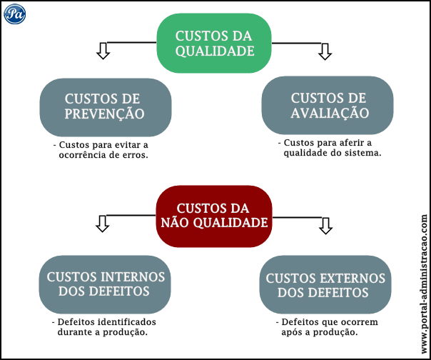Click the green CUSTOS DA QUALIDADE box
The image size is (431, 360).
coord(214,43)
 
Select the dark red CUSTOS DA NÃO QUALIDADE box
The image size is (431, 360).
coord(214,215)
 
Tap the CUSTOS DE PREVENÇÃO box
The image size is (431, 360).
coord(105,106)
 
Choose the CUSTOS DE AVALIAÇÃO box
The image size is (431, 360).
coord(328,106)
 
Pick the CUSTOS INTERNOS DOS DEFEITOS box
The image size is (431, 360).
coord(105,284)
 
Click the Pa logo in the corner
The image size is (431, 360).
coord(14,14)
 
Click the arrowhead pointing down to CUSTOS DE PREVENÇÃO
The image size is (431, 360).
coord(103,51)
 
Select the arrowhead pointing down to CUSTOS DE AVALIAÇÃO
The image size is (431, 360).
coord(325,51)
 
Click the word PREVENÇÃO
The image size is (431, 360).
coord(105,114)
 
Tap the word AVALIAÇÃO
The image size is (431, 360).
coord(329,114)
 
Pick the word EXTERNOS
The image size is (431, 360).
coord(352,279)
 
